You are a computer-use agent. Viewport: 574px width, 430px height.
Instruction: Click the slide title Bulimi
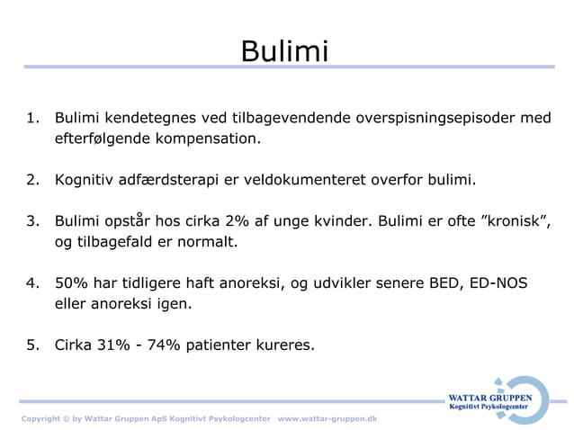click(285, 50)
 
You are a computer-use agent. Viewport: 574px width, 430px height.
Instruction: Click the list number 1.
click(32, 119)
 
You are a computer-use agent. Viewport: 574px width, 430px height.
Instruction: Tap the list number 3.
click(32, 221)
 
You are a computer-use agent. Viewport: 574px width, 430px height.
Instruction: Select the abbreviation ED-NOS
click(500, 282)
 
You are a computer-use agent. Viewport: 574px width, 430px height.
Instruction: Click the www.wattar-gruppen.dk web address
click(327, 419)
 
